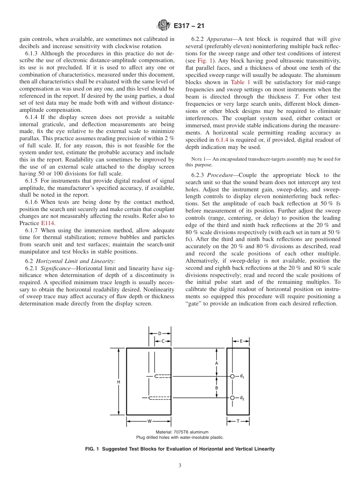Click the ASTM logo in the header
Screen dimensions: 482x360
164,26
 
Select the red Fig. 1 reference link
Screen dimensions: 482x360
204,61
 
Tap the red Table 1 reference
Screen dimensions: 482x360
241,82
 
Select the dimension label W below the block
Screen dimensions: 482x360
149,421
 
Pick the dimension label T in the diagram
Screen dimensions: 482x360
238,421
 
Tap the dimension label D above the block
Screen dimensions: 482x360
160,333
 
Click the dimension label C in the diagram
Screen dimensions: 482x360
163,341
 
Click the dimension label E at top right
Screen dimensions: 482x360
241,341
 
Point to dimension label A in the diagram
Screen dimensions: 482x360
216,363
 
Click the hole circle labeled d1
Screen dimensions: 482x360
233,376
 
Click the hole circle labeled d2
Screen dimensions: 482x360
233,397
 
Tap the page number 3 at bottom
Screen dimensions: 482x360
180,465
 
